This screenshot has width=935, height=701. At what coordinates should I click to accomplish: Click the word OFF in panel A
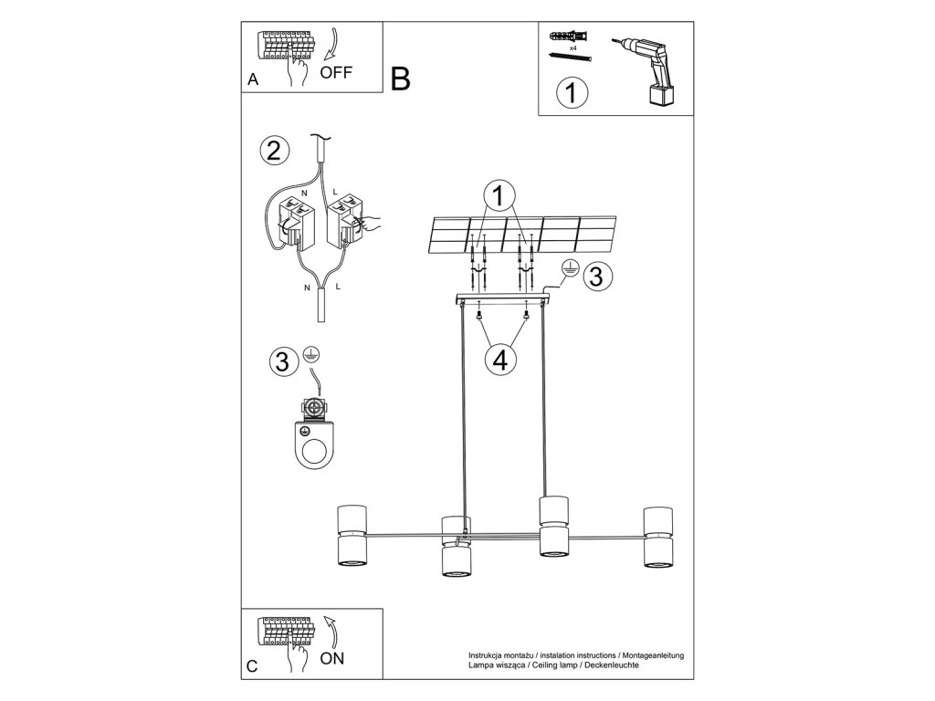point(335,72)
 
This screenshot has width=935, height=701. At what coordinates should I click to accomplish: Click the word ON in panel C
point(333,657)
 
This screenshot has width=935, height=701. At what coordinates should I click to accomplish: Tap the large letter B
point(400,79)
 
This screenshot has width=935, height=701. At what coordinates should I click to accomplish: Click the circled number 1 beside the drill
point(571,93)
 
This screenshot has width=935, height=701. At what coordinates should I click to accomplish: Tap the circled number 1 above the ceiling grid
point(499,194)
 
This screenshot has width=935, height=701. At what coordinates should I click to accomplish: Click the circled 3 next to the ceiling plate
point(595,277)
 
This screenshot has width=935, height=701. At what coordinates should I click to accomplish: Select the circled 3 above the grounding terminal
point(283,361)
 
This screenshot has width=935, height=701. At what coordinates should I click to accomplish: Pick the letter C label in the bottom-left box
point(253,666)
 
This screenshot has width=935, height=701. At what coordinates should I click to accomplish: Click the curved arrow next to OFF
point(331,45)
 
